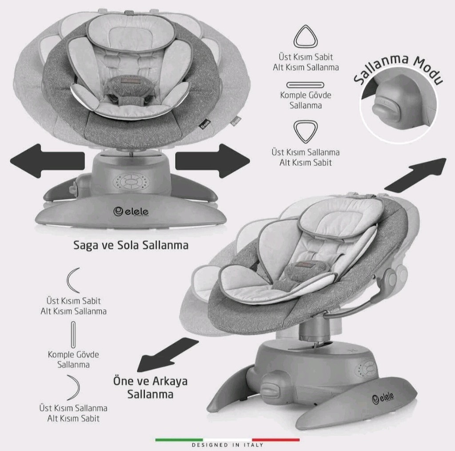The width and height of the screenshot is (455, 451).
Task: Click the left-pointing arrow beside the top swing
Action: [47, 161]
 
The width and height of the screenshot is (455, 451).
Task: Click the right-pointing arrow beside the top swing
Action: [212, 161]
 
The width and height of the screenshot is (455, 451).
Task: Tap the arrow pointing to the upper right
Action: [415, 175]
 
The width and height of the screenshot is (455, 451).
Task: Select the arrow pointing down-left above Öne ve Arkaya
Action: [167, 355]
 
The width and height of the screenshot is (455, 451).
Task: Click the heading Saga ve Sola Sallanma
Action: [131, 245]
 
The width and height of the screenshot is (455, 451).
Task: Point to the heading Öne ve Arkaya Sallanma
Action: [150, 387]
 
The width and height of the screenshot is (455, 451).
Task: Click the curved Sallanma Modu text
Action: [398, 68]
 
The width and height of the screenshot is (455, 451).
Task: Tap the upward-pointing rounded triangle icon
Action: [306, 36]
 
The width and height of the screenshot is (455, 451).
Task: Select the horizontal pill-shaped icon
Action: [305, 85]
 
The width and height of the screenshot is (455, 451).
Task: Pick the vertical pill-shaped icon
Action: [73, 335]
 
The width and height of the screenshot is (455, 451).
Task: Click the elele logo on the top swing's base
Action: [131, 212]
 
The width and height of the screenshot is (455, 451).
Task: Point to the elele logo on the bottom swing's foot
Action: [383, 398]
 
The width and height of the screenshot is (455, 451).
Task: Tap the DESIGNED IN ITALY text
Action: [227, 445]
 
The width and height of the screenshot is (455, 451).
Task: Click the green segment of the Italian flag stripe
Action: [179, 440]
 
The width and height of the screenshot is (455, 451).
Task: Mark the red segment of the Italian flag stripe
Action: [275, 440]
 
